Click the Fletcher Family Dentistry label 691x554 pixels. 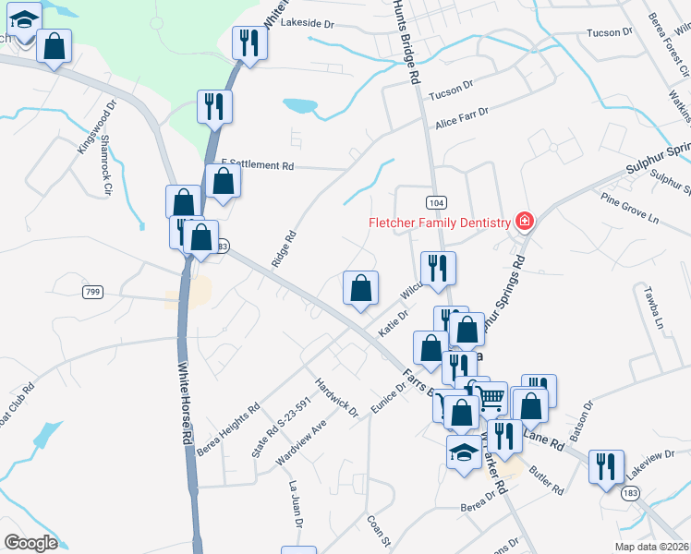tap(440, 223)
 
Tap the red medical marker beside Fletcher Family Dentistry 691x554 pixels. tap(525, 222)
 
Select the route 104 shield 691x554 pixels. tap(436, 202)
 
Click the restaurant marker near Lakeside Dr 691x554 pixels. tap(249, 42)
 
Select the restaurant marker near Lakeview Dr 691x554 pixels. tap(606, 465)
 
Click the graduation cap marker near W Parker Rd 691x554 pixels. tap(464, 452)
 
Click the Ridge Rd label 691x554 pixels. tap(284, 248)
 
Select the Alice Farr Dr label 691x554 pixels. tap(461, 117)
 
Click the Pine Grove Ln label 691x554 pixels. tap(630, 209)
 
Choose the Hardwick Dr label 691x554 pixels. tap(335, 395)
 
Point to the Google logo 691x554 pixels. tap(30, 543)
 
